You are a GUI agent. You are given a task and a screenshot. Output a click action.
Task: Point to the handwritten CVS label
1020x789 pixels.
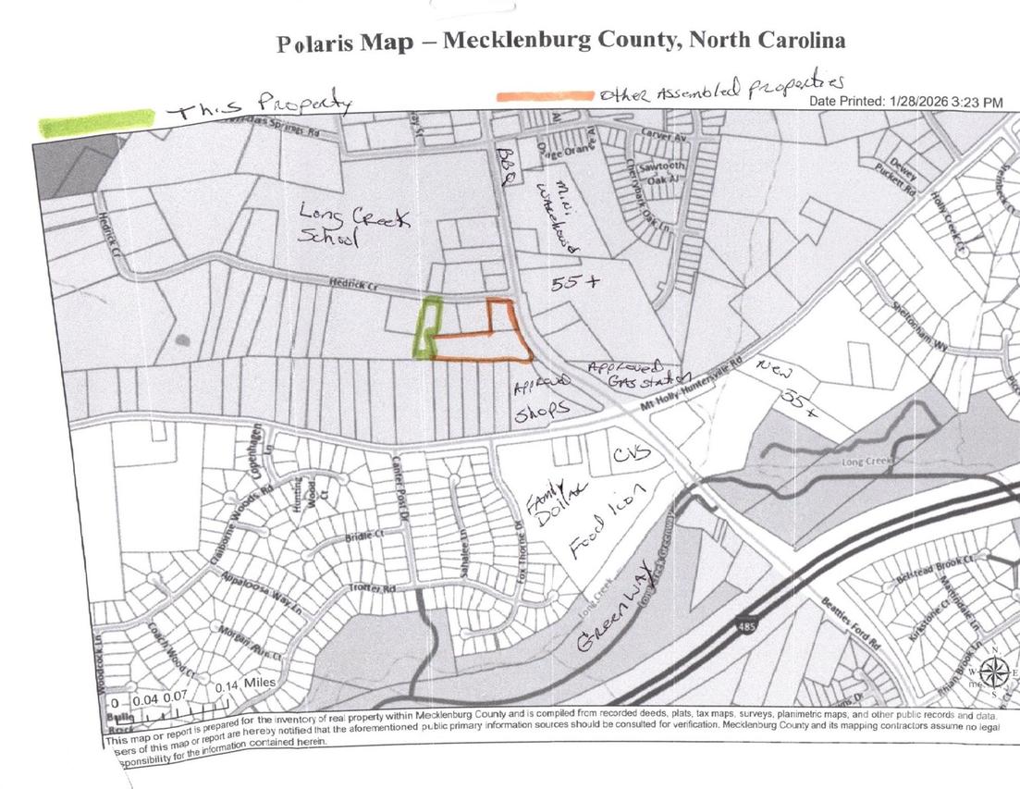(x=631, y=454)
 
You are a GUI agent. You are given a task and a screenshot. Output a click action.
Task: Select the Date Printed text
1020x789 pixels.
(x=905, y=102)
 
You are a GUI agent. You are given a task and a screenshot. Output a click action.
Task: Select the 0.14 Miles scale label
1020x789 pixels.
(x=245, y=686)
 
